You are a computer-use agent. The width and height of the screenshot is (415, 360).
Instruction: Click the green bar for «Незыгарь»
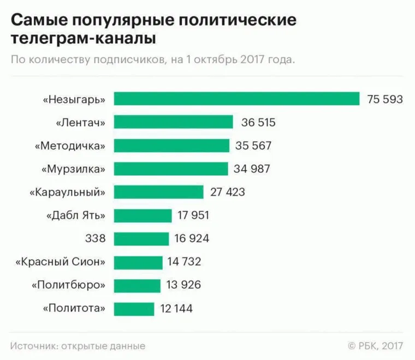236,99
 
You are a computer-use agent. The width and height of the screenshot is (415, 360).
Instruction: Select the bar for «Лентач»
173,122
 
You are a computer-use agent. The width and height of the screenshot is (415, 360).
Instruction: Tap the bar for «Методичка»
171,146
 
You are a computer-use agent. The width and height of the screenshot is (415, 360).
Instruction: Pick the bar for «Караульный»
158,192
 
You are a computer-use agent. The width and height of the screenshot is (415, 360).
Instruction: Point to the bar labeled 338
141,238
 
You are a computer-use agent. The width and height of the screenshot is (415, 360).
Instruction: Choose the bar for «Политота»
134,309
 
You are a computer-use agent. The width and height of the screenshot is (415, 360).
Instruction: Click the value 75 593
385,99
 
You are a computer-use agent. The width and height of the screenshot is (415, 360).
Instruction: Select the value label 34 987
252,169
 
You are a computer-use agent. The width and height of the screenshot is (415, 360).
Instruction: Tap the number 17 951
193,215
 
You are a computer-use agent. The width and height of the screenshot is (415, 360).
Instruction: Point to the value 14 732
185,262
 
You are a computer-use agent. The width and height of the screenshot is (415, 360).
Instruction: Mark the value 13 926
183,285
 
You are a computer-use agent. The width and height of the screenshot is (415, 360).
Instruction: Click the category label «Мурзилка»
73,169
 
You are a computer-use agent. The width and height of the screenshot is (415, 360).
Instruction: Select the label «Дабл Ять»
75,215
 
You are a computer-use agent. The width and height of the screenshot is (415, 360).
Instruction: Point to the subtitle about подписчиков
153,59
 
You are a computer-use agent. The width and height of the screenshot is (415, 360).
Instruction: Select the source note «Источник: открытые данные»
78,346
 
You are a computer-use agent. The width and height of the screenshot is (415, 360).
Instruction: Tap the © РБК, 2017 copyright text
371,346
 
